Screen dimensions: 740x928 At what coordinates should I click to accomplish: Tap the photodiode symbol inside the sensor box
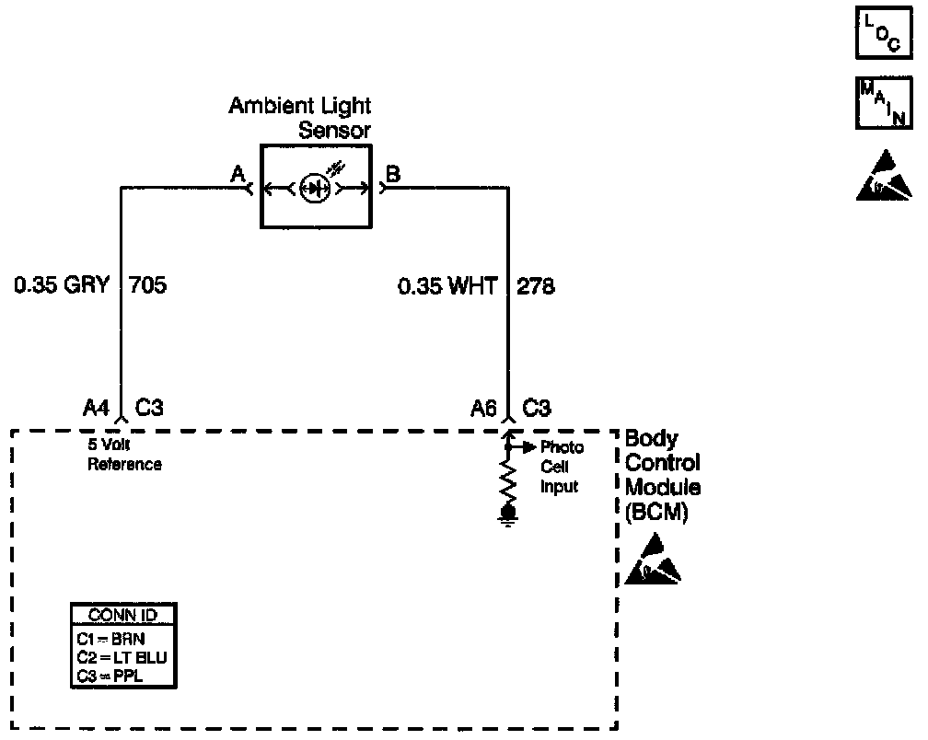tap(316, 189)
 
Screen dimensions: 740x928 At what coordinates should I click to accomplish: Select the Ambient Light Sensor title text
tap(301, 118)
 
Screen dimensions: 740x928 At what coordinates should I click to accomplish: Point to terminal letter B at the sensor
tap(393, 175)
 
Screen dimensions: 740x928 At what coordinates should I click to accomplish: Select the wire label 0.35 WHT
tap(447, 286)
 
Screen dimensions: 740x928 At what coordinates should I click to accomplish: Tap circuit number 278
tap(536, 286)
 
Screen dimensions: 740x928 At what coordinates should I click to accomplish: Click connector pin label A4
tap(97, 408)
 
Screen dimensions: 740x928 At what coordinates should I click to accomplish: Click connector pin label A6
tap(483, 408)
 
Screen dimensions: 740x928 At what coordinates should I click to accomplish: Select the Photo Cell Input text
tap(561, 467)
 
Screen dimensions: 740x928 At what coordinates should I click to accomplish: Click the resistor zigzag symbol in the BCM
tap(506, 480)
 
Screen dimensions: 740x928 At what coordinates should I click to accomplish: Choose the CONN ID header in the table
tap(123, 615)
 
